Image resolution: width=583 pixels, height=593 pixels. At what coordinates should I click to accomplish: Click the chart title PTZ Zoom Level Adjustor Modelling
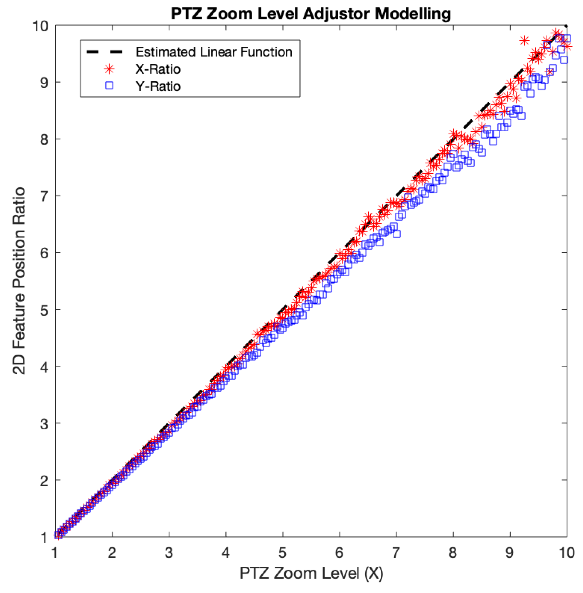(x=311, y=14)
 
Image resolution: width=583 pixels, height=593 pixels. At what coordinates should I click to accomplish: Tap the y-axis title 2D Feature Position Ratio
(x=19, y=280)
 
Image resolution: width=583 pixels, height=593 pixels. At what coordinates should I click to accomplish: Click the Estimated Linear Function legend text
(x=214, y=52)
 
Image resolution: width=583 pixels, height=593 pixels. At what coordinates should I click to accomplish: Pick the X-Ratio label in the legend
(x=158, y=69)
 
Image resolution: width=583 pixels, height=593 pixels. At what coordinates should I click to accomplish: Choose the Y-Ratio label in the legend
(x=158, y=86)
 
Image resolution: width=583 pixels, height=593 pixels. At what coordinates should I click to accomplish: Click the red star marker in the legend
(x=109, y=69)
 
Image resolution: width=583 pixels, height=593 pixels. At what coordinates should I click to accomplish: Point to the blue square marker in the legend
(x=109, y=86)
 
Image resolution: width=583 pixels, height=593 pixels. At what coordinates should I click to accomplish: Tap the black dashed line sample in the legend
(x=104, y=52)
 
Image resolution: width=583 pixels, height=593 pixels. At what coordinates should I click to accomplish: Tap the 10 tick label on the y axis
(x=40, y=26)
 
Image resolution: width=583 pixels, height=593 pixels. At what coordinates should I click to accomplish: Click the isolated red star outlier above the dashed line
(x=524, y=41)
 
